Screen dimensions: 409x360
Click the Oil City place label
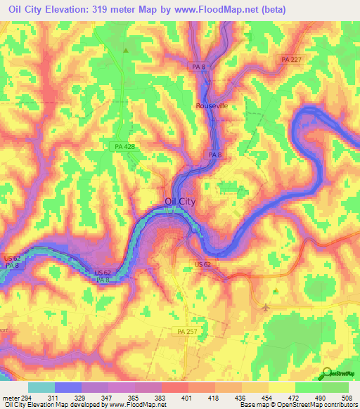point(179,201)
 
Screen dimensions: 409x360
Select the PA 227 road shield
point(290,59)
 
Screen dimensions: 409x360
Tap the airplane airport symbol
point(265,306)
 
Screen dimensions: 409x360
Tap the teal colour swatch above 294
point(41,387)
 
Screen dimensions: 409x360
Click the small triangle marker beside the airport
point(276,290)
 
